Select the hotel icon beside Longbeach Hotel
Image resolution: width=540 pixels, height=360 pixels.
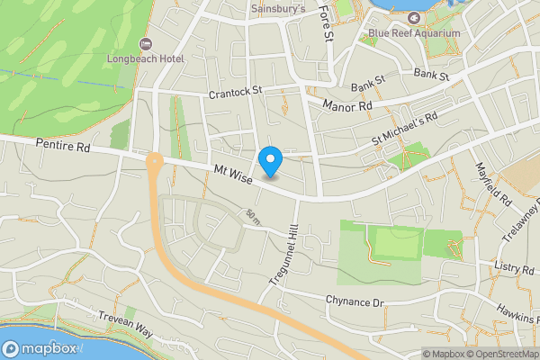point(145,44)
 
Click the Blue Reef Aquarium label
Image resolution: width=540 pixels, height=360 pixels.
point(414,33)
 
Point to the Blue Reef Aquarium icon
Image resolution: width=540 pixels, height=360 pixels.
point(414,18)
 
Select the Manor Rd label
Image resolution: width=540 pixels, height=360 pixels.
point(352,106)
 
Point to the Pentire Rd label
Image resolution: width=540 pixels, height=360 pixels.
point(64,144)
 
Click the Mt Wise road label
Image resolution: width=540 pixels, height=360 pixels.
point(233,171)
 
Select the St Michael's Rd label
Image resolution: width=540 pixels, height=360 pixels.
point(404,130)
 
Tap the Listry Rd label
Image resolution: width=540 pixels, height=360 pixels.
point(514,268)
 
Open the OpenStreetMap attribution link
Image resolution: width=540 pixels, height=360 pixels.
point(498,354)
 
